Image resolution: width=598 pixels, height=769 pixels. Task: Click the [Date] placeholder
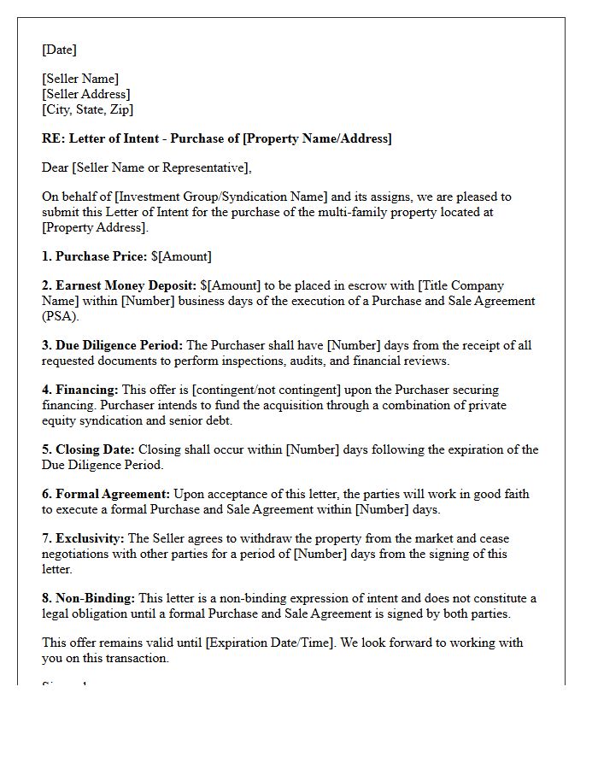59,50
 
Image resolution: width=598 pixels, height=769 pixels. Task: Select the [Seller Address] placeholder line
86,94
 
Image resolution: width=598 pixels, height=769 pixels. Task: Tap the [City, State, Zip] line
87,109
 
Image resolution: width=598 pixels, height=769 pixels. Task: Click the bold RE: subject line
216,138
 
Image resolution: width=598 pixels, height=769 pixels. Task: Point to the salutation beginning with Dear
147,167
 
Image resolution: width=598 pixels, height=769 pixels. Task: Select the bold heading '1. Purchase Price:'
94,256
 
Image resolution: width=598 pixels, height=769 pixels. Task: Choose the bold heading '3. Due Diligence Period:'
112,345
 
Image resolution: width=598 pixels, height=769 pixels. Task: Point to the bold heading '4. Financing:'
80,390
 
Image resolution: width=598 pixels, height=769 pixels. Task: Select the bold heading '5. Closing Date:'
88,449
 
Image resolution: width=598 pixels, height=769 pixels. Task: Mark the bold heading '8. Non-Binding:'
89,598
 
